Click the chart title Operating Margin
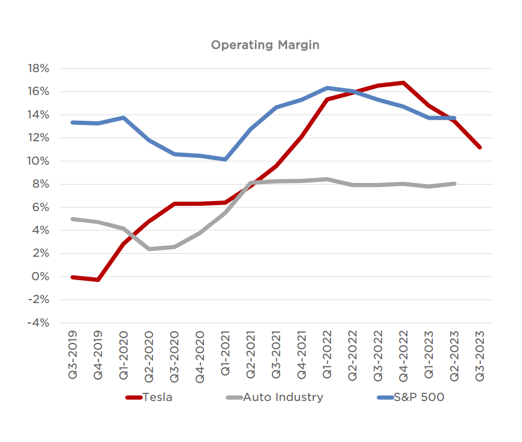coord(265,45)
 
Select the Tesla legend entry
coord(156,397)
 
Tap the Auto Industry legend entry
coord(282,397)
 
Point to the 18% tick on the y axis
coord(38,69)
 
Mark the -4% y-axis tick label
coord(39,323)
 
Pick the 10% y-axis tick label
coord(38,161)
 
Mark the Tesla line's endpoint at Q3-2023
coord(479,147)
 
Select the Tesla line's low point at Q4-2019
coord(98,280)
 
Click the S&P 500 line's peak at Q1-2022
coord(327,88)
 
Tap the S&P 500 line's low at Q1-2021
coord(225,159)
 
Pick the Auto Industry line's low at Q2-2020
coord(149,249)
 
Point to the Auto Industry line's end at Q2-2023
coord(454,183)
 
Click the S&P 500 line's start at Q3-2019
coord(73,123)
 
